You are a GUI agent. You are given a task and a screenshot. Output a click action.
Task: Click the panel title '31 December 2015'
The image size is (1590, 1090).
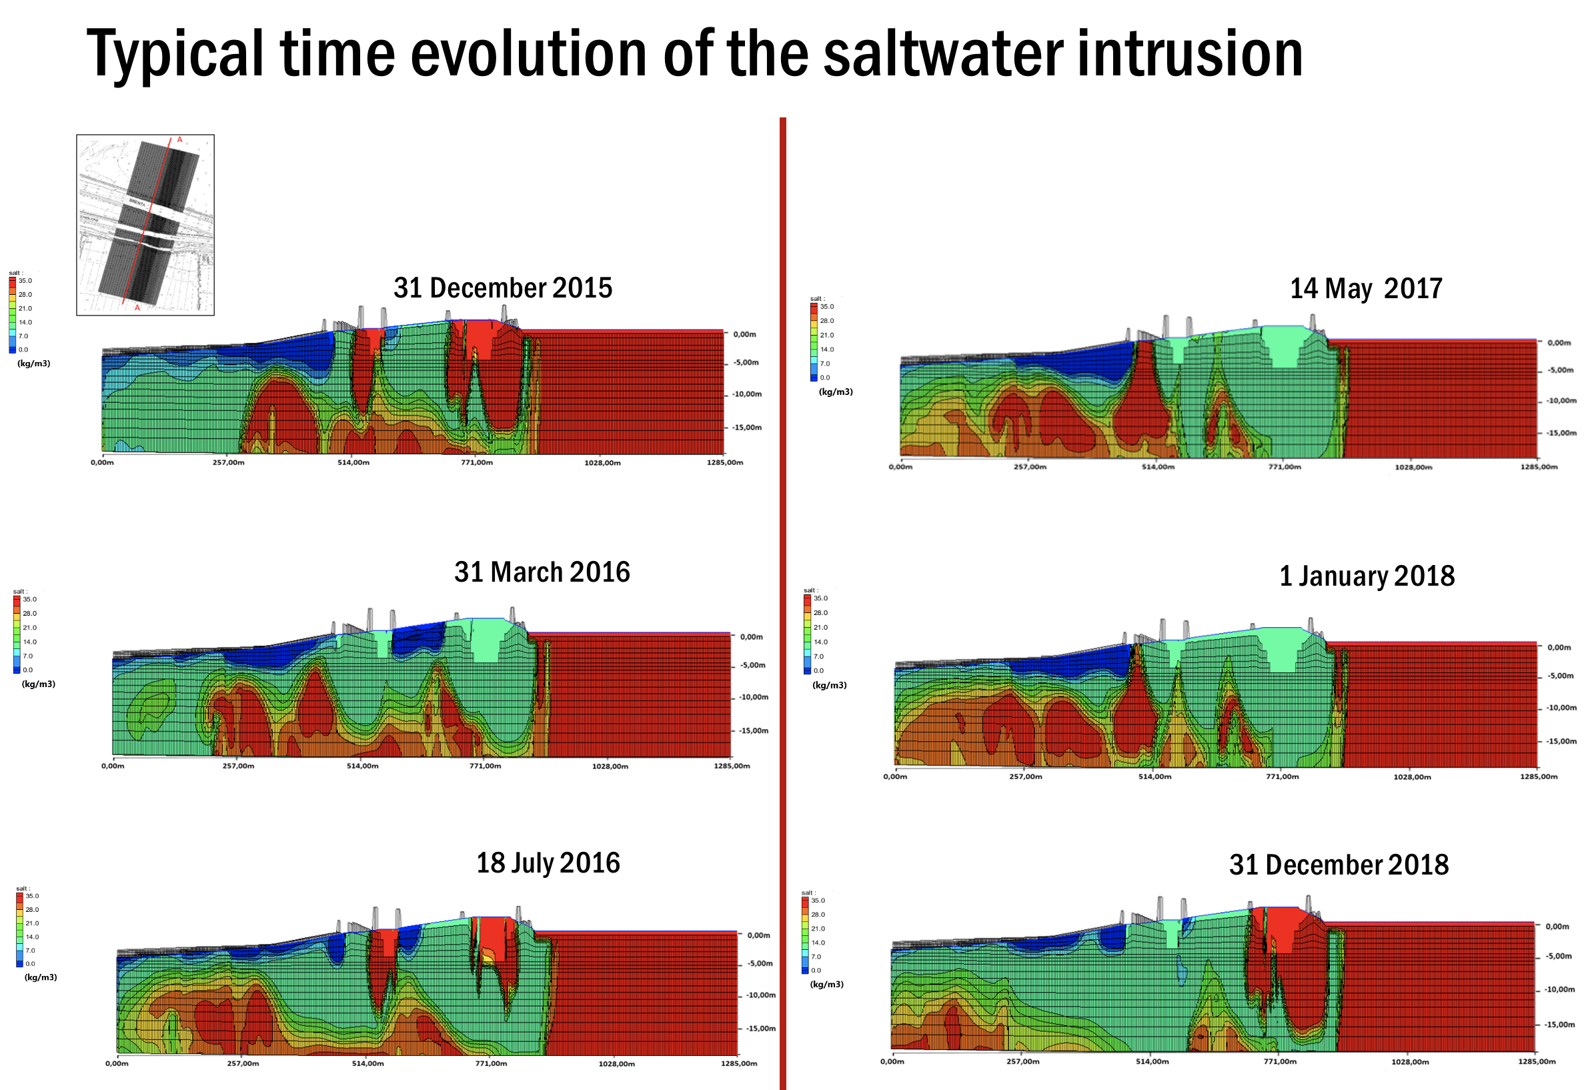click(503, 288)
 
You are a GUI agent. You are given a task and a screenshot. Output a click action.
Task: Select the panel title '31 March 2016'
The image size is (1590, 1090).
click(542, 572)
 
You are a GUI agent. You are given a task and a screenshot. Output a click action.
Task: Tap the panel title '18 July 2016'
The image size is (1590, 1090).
click(548, 863)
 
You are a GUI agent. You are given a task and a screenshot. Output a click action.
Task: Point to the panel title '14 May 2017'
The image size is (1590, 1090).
click(1366, 288)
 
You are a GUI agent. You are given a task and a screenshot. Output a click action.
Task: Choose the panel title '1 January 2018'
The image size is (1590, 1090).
click(1367, 576)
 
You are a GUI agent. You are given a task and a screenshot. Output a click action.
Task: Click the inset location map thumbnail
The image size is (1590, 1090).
click(145, 224)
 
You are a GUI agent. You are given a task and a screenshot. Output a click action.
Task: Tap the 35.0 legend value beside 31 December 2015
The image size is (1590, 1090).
click(25, 281)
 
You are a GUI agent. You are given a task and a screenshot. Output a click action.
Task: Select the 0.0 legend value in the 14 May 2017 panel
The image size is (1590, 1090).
click(825, 378)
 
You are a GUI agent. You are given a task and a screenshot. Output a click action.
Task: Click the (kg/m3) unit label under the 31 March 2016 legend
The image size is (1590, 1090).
click(38, 684)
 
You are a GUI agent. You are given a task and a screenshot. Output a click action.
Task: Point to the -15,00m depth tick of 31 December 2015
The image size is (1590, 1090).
click(747, 428)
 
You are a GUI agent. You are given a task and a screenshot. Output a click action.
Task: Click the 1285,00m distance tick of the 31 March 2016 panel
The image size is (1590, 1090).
click(732, 766)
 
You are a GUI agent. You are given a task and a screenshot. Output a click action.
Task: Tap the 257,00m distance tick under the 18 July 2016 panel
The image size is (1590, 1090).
click(243, 1063)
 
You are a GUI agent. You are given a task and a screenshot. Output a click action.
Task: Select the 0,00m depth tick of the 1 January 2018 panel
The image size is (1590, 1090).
click(1559, 647)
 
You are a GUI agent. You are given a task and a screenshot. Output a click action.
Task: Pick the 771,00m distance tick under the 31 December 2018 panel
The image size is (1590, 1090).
click(1279, 1061)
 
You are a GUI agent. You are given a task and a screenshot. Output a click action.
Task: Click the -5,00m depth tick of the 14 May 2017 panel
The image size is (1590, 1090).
click(1560, 370)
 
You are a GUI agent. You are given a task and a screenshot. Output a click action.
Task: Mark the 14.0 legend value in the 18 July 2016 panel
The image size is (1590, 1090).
click(32, 937)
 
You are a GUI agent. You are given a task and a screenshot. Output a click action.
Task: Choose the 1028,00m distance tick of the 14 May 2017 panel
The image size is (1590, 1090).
click(1413, 467)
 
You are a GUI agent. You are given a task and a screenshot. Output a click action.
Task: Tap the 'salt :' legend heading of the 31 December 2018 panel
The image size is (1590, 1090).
click(807, 893)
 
